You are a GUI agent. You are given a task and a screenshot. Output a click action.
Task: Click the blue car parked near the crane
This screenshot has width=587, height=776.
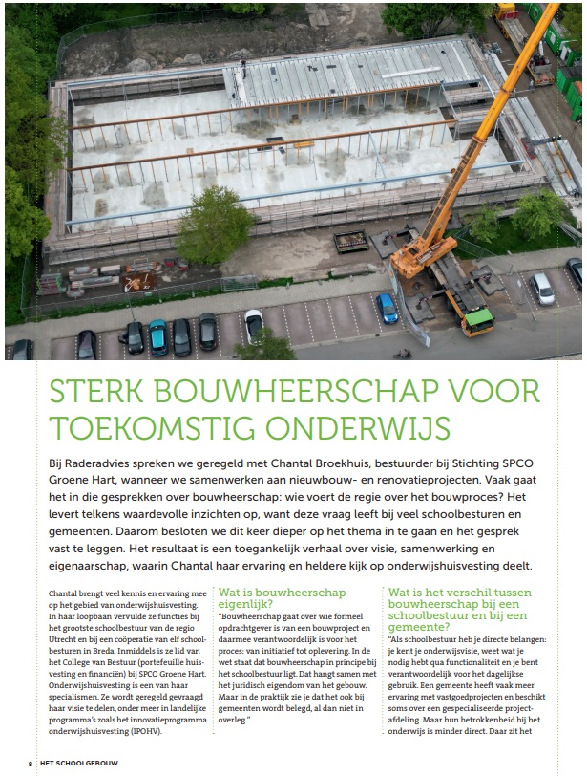[x=388, y=307]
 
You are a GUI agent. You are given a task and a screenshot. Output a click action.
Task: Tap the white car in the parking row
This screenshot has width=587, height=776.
[x=254, y=325]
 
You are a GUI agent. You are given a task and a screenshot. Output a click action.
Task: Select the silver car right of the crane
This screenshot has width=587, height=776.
[x=542, y=288]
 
